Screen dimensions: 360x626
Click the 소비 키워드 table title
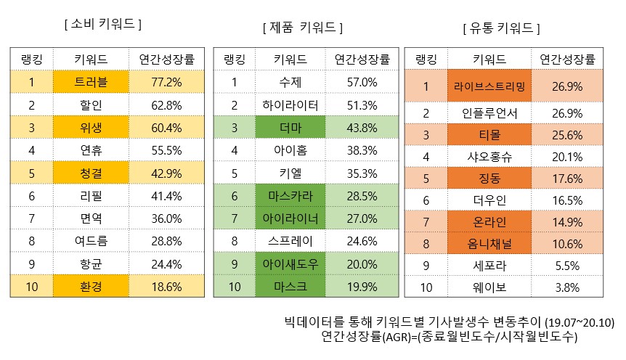[x=102, y=24]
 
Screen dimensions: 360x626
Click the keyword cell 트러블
[x=92, y=82]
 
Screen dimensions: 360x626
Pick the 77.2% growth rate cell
[x=166, y=82]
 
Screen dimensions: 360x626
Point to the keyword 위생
[x=92, y=128]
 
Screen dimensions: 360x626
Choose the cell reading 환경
[x=92, y=287]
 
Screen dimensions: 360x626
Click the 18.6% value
[x=166, y=287]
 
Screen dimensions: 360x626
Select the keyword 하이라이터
[x=290, y=105]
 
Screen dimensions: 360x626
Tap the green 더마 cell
[x=290, y=128]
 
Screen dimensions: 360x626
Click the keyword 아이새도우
[x=290, y=264]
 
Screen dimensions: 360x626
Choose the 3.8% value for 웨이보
[x=568, y=287]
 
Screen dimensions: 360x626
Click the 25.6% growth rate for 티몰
[x=568, y=135]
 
